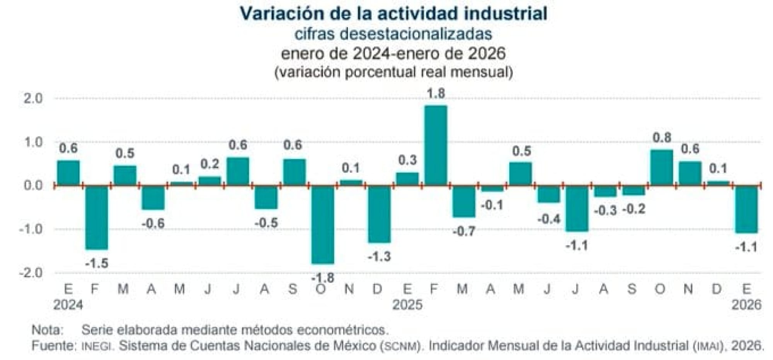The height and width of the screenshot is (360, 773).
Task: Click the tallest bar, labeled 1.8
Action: pos(436,145)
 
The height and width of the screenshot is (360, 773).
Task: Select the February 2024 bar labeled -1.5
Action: pos(97,217)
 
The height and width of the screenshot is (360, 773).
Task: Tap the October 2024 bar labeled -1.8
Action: pos(323,224)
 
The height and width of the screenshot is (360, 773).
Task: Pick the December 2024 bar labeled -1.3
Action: pos(379,214)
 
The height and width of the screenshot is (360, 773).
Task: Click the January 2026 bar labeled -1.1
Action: pos(746,209)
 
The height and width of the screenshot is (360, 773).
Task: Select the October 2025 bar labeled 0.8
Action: pos(662,168)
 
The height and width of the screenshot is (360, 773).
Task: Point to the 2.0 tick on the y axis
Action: pos(33,98)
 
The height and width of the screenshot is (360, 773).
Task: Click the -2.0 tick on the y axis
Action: pos(31,273)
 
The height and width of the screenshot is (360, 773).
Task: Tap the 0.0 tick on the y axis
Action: pos(33,185)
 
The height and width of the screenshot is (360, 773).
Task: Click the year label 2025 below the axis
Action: pos(407,305)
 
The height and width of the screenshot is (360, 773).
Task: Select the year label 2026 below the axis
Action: pos(746,305)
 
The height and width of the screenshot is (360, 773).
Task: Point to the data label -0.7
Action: pos(464,231)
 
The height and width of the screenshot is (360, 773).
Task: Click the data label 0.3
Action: pos(407,160)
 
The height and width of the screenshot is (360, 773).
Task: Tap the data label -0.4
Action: pos(549,219)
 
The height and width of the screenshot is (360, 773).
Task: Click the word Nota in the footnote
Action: pos(46,330)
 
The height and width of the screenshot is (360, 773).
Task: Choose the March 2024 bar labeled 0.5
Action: pos(125,176)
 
